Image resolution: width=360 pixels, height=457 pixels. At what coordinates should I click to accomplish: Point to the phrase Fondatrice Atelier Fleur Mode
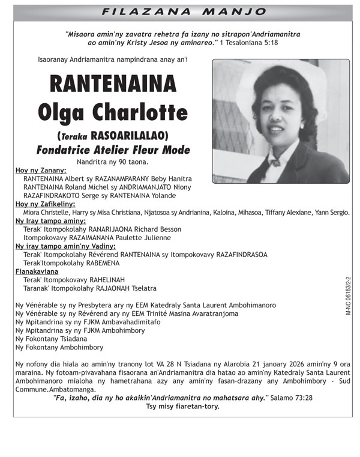[x=113, y=150]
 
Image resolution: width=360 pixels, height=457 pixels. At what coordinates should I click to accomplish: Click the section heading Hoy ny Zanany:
[x=41, y=171]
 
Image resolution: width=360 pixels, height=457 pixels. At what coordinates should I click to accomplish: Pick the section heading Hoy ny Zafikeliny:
[x=45, y=204]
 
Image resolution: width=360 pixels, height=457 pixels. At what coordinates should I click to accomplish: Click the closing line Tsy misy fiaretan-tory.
[x=182, y=406]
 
